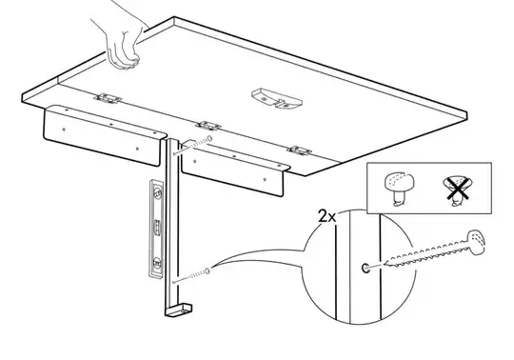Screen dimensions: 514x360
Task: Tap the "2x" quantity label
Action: coord(327,217)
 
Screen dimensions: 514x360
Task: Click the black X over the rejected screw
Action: coord(458,190)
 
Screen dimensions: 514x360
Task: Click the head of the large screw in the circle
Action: coord(476,242)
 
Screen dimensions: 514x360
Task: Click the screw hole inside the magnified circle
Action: coord(365,268)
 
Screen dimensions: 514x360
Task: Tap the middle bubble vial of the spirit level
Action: coord(157,228)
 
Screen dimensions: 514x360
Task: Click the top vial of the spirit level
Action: coord(158,192)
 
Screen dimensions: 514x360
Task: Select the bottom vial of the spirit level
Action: coord(158,262)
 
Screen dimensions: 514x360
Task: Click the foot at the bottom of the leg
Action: coord(179,310)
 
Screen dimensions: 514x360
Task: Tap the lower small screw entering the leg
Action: coord(191,276)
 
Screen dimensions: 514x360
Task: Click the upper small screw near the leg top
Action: coord(193,146)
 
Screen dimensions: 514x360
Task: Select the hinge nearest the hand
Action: coord(108,98)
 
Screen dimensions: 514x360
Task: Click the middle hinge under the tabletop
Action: coord(208,126)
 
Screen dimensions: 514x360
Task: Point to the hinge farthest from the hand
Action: coord(299,150)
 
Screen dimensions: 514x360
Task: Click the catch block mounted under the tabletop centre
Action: coord(277,98)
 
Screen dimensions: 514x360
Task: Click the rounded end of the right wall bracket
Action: coord(285,168)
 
